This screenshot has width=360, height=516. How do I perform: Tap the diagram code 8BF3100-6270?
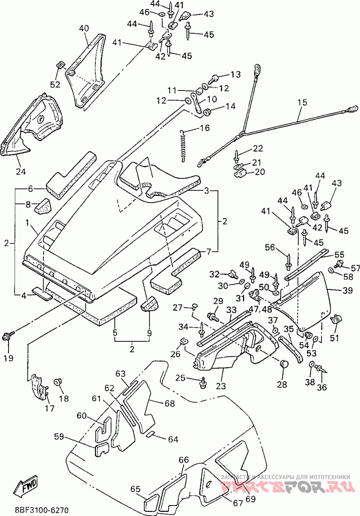[41, 511]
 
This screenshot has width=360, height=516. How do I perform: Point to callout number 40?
[84, 29]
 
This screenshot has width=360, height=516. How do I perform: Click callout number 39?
[347, 290]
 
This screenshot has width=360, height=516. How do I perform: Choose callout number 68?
[169, 403]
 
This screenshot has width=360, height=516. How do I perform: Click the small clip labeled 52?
[60, 64]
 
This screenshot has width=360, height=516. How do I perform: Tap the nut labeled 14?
[207, 112]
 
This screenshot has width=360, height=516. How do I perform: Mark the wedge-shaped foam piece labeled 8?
[43, 206]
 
